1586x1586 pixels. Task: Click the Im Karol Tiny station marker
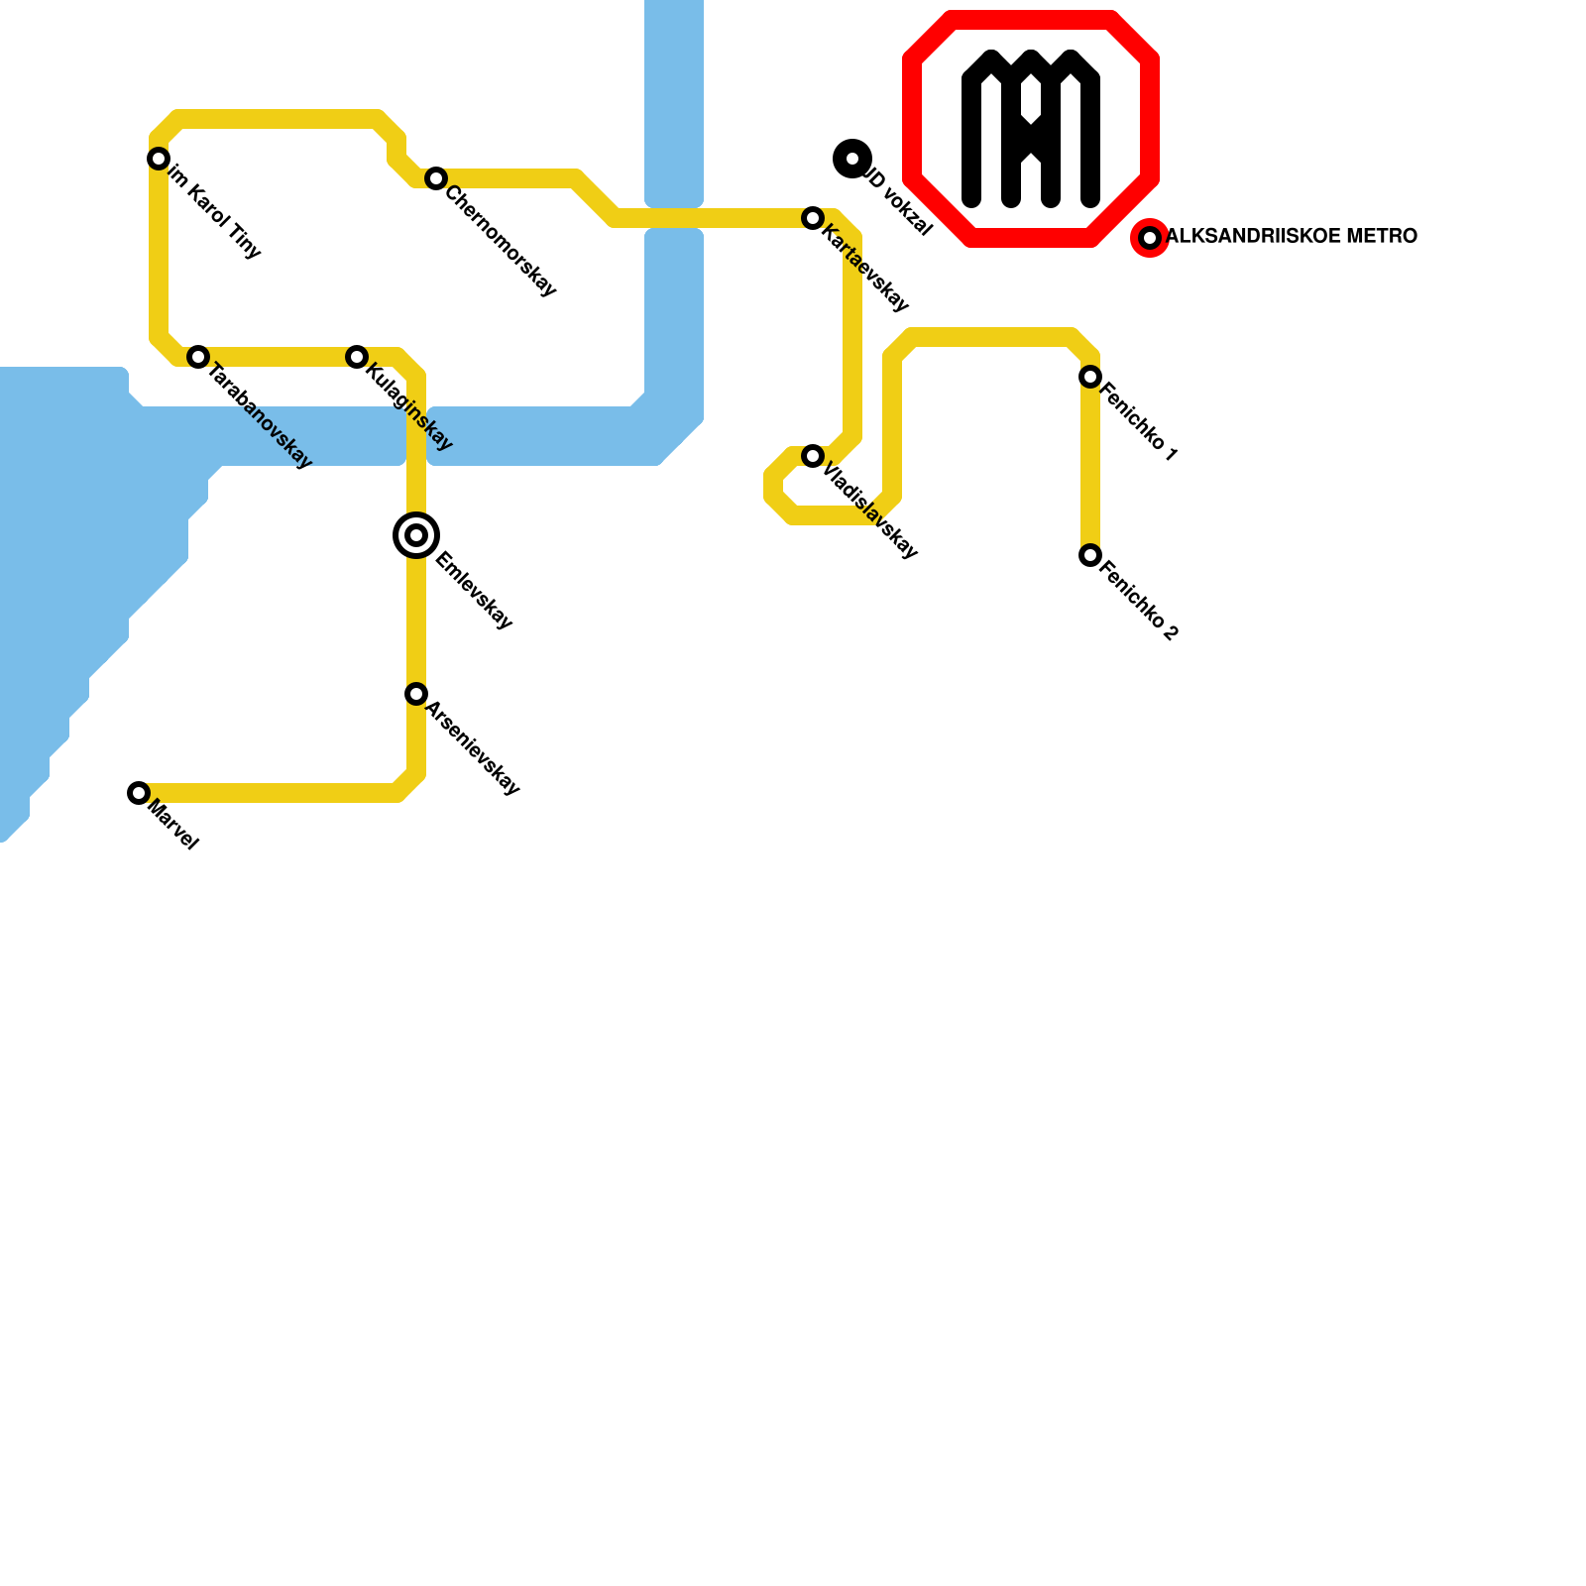[x=159, y=159]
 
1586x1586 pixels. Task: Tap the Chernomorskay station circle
[x=436, y=178]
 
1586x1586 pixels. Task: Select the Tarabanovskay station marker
[x=198, y=357]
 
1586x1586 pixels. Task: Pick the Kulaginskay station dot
[x=357, y=357]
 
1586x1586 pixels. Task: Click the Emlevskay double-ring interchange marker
[x=416, y=535]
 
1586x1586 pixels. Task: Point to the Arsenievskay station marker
[x=416, y=694]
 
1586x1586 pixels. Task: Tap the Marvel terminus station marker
[x=139, y=793]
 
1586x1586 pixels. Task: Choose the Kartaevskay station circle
[x=813, y=218]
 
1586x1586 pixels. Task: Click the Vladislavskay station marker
[x=813, y=456]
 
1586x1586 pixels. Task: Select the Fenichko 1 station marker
[x=1090, y=377]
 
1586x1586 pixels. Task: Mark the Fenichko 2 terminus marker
[x=1090, y=555]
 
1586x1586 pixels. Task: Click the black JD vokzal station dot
[x=852, y=159]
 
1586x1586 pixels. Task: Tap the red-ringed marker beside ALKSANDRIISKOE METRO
[x=1150, y=238]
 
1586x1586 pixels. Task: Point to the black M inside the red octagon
[x=1031, y=129]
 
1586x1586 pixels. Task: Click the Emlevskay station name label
[x=474, y=591]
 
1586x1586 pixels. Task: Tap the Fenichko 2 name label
[x=1139, y=602]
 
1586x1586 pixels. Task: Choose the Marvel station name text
[x=173, y=826]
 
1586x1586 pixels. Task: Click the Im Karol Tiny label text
[x=214, y=212]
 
